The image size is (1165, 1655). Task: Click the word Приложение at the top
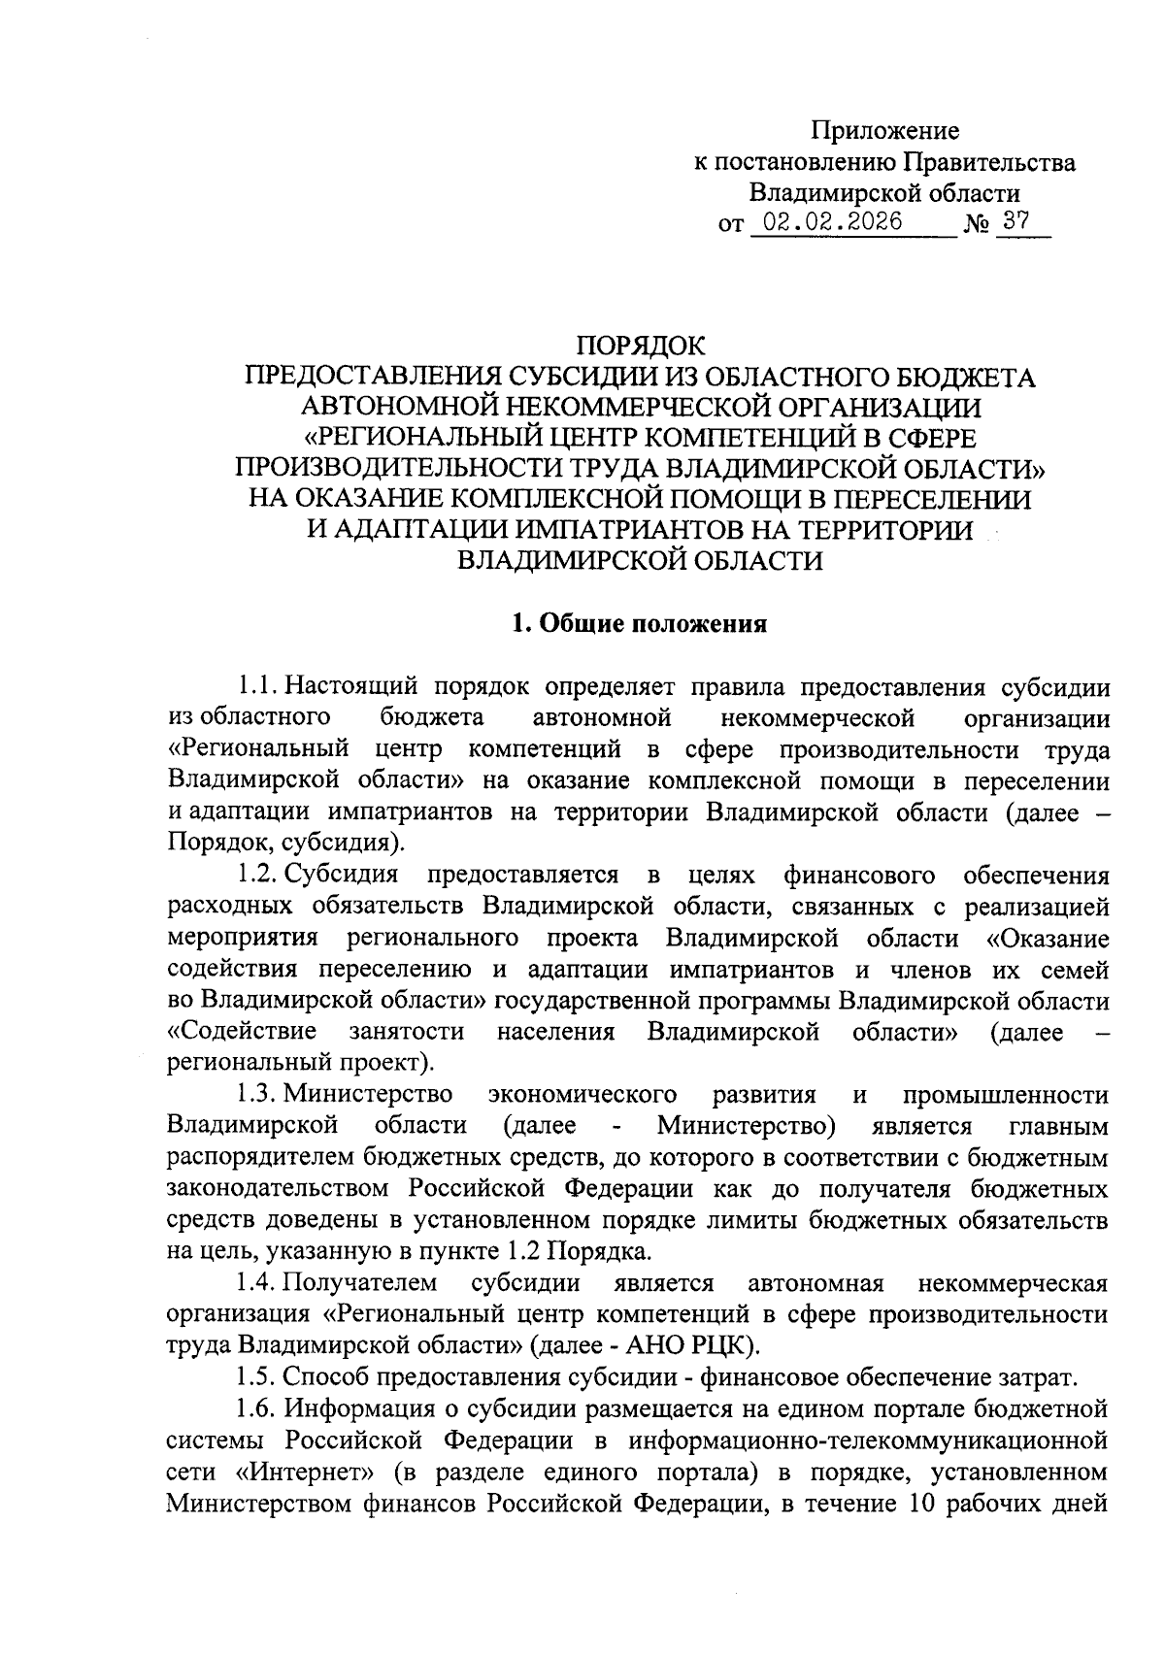(x=885, y=130)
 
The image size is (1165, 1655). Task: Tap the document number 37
(x=1016, y=221)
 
